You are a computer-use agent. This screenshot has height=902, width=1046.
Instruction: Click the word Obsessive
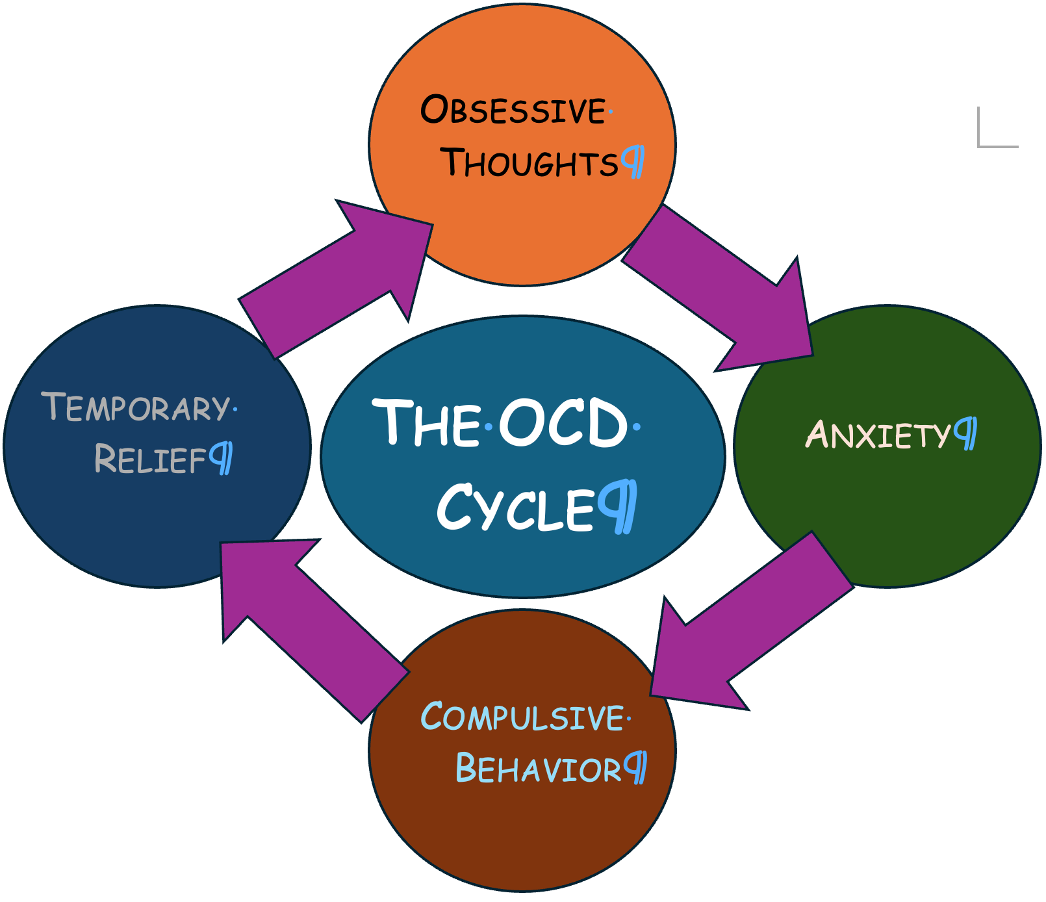click(x=513, y=110)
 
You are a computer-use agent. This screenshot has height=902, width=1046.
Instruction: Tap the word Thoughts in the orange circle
click(x=529, y=162)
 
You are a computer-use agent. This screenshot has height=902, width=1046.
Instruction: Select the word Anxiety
click(x=878, y=435)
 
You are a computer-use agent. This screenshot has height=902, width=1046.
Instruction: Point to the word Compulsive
click(x=522, y=717)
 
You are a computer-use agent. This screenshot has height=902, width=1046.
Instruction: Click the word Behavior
click(x=539, y=769)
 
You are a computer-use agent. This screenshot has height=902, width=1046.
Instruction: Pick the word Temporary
click(x=136, y=407)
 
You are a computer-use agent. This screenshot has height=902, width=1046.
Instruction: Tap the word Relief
click(x=151, y=459)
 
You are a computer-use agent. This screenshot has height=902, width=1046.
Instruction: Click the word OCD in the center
click(x=563, y=424)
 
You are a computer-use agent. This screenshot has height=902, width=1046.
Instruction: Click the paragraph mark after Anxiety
click(x=966, y=433)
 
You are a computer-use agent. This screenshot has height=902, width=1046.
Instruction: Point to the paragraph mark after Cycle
click(x=619, y=506)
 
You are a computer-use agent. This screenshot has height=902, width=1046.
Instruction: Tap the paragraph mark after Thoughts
click(x=633, y=162)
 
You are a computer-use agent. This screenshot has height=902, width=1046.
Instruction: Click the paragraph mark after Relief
click(x=222, y=458)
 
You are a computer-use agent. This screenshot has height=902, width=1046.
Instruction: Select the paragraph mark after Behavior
click(x=635, y=767)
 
